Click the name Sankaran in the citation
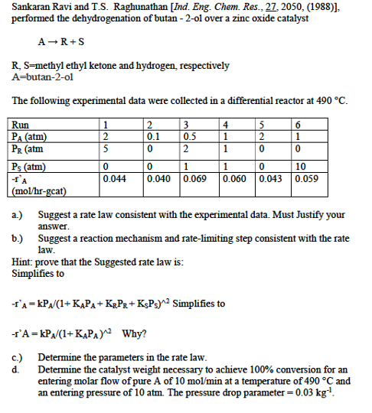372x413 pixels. pyautogui.click(x=29, y=7)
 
